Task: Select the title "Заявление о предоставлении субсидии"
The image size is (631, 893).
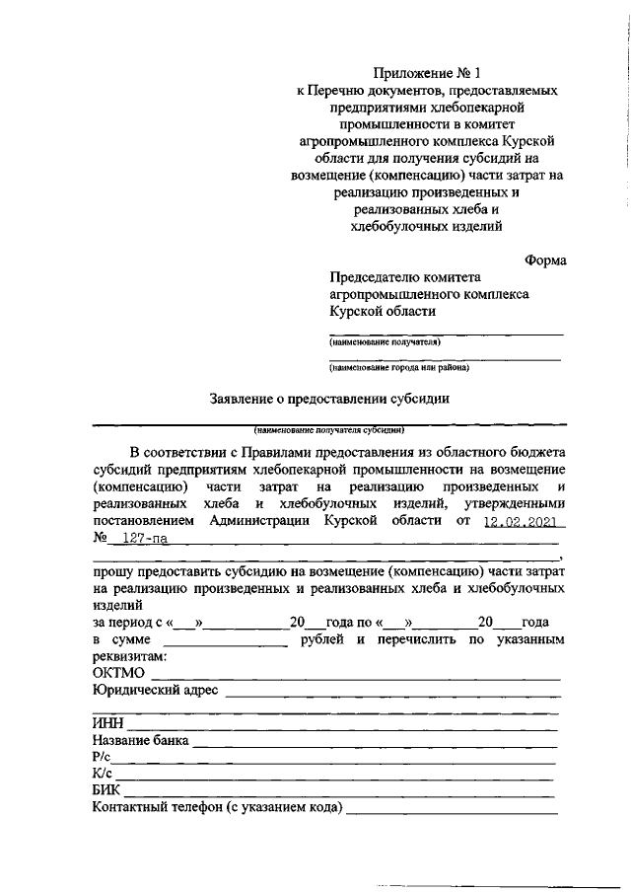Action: coord(329,400)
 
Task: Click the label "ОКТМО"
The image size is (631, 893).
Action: coord(118,673)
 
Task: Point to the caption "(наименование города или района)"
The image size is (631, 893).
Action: coord(399,368)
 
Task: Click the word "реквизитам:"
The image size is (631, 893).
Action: coord(129,656)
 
